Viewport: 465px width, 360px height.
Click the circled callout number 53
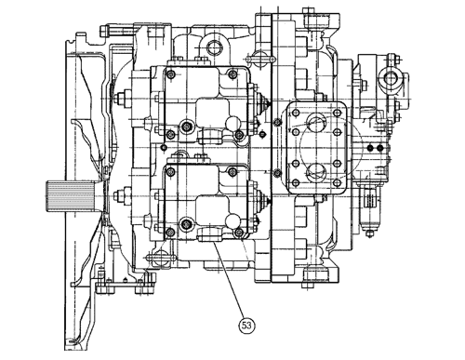click(246, 326)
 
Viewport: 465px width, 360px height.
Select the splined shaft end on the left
click(71, 196)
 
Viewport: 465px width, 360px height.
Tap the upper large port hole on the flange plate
click(316, 122)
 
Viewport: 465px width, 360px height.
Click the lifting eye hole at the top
click(214, 47)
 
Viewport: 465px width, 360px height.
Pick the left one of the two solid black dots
click(370, 148)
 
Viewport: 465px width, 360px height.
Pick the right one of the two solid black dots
click(380, 148)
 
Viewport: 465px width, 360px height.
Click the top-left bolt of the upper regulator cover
click(170, 74)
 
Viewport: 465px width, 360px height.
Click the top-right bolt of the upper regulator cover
click(232, 74)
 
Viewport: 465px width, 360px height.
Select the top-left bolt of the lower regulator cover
click(170, 172)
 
